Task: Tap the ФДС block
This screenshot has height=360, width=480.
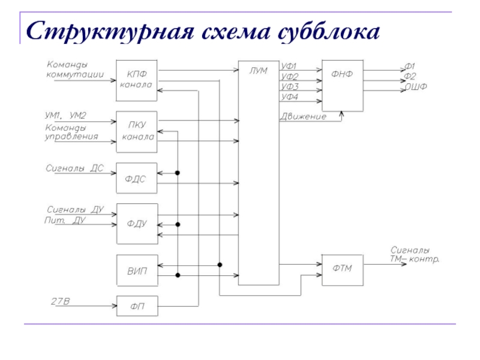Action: pyautogui.click(x=136, y=178)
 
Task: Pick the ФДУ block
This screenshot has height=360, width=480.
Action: pyautogui.click(x=136, y=224)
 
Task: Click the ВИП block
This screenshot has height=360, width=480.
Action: pyautogui.click(x=136, y=271)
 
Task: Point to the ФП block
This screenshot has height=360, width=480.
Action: pyautogui.click(x=136, y=306)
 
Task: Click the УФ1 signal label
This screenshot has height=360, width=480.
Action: pyautogui.click(x=290, y=66)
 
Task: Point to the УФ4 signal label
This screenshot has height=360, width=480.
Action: pyautogui.click(x=290, y=97)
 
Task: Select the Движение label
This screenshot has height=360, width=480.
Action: pyautogui.click(x=303, y=116)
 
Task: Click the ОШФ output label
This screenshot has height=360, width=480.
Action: pyautogui.click(x=415, y=88)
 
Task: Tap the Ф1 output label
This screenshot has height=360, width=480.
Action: pyautogui.click(x=410, y=66)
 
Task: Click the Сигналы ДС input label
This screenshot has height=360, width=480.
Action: pyautogui.click(x=75, y=169)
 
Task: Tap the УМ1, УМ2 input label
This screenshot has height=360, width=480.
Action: pyautogui.click(x=65, y=115)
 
